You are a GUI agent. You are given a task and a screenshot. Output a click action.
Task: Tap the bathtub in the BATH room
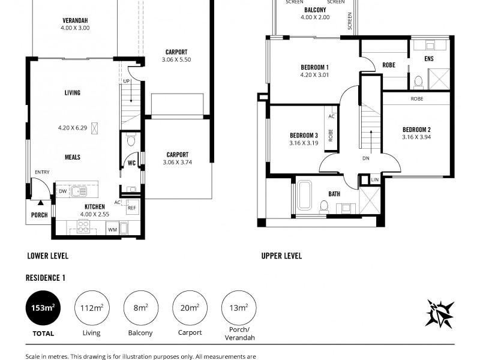(x=303, y=197)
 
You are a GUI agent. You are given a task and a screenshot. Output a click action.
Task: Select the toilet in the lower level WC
(x=131, y=140)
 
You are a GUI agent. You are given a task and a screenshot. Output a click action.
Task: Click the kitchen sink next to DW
(x=79, y=192)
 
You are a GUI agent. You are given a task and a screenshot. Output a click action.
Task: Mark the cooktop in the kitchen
(x=83, y=227)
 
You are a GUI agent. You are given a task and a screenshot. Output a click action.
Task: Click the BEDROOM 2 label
(x=416, y=130)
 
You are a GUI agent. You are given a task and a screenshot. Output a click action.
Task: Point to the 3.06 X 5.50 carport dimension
(x=176, y=60)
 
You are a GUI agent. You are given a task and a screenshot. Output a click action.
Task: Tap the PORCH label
(x=39, y=215)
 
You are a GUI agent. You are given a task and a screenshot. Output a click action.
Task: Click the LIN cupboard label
(x=374, y=180)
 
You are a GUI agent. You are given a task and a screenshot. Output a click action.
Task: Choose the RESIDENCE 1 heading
(x=45, y=278)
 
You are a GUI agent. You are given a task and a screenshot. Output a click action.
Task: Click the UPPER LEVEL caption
(x=281, y=256)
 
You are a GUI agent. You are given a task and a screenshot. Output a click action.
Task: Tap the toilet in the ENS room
(x=419, y=81)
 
